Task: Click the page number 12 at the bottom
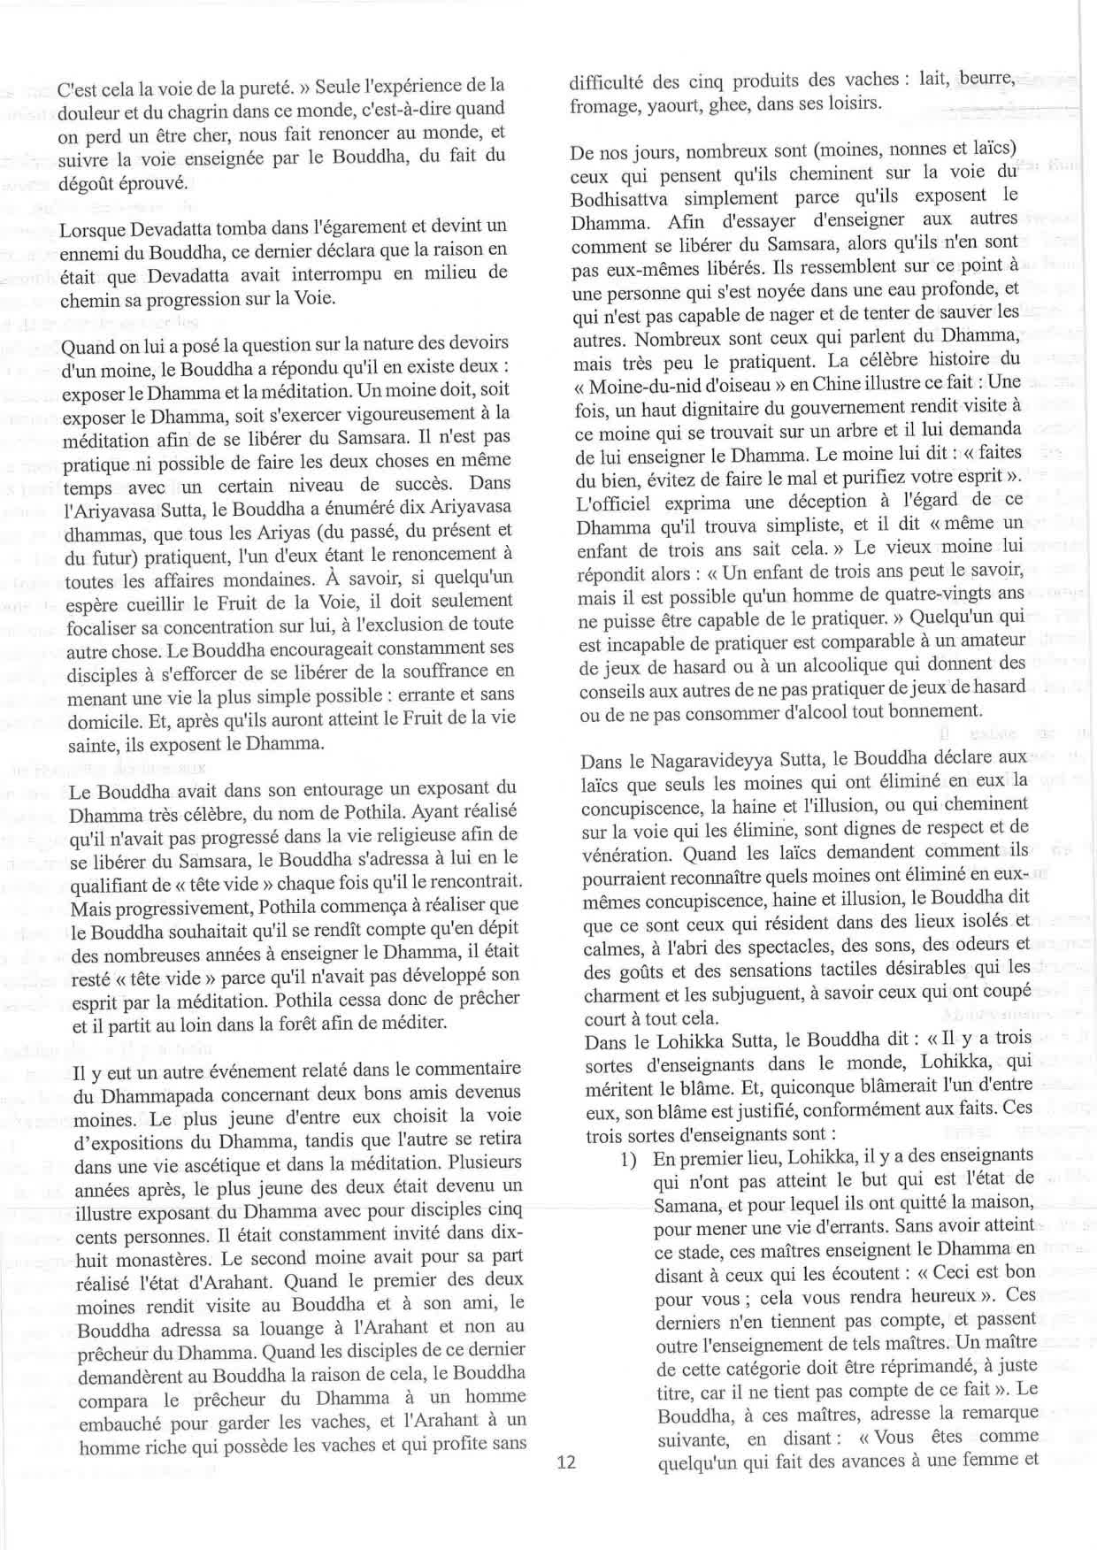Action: point(567,1462)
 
